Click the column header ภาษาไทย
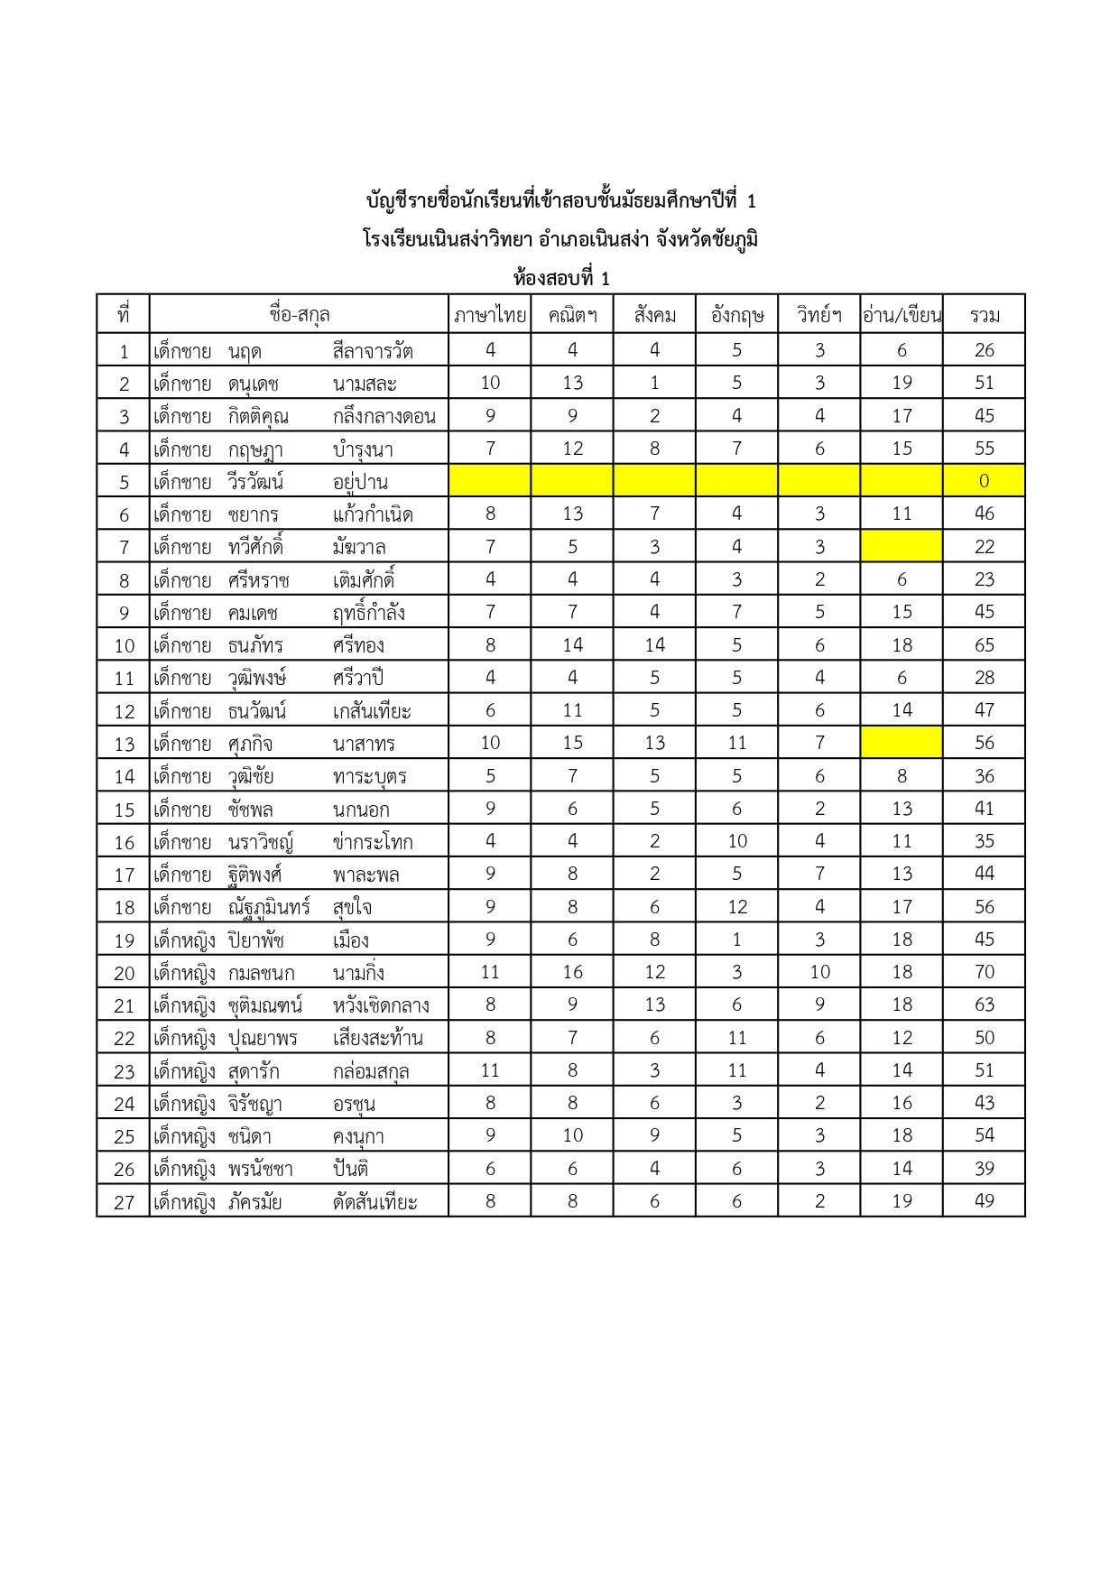[x=490, y=315]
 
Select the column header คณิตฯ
[x=572, y=315]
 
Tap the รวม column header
[x=984, y=315]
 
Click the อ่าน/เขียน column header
[x=902, y=315]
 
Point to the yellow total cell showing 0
[x=984, y=481]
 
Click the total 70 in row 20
[x=984, y=972]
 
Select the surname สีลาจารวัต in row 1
[x=373, y=350]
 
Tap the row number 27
[x=124, y=1202]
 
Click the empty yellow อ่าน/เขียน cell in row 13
[x=902, y=743]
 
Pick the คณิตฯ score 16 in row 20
[x=572, y=972]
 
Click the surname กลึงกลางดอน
[x=384, y=416]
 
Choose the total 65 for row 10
[x=984, y=645]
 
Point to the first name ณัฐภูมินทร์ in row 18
[x=269, y=907]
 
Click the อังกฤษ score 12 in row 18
[x=737, y=907]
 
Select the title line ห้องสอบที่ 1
[x=560, y=278]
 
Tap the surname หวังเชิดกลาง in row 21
[x=381, y=1005]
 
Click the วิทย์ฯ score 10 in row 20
[x=819, y=972]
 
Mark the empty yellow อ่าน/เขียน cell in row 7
[x=902, y=546]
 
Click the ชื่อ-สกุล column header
[x=299, y=315]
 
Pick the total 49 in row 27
[x=984, y=1201]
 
